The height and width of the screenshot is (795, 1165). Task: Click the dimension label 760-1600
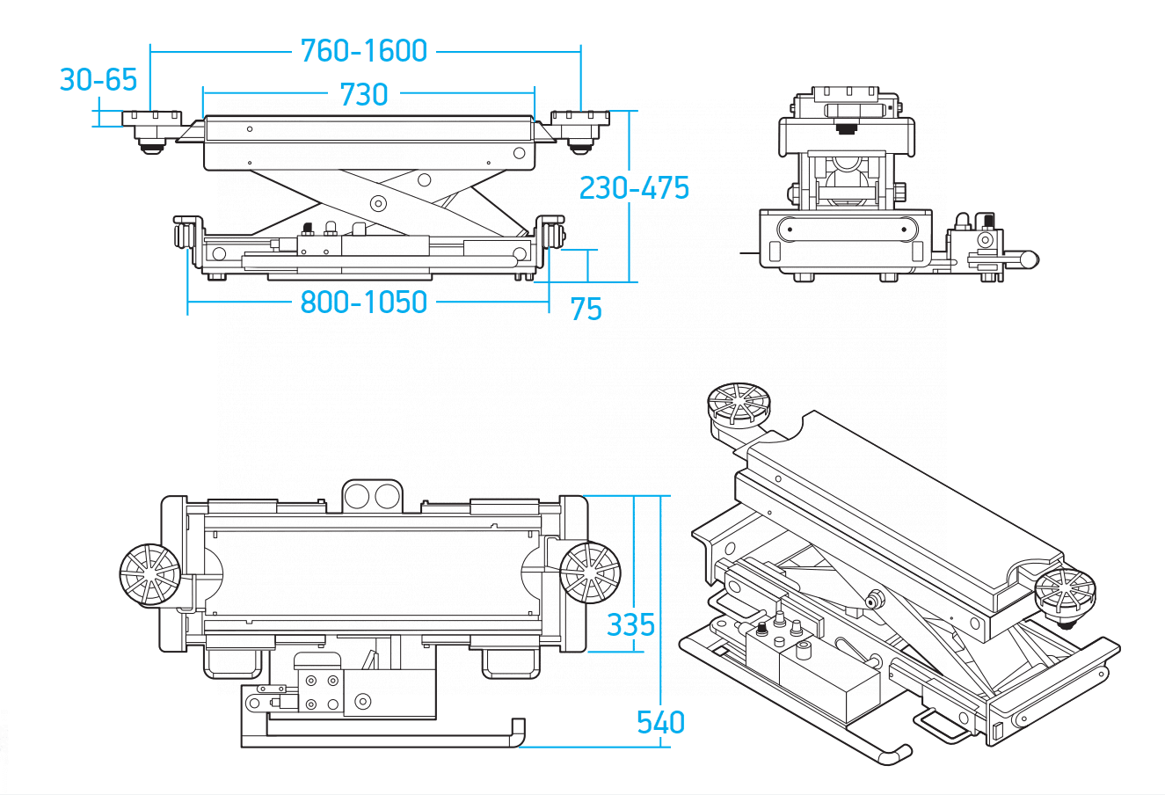364,51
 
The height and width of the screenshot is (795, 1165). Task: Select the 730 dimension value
363,94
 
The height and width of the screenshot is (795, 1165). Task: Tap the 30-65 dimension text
98,80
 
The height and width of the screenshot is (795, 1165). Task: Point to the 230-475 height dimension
634,188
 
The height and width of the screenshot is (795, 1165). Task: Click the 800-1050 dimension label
364,303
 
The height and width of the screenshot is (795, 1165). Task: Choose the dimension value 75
586,310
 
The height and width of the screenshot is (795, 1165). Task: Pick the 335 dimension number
630,625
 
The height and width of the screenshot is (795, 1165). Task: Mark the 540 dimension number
660,723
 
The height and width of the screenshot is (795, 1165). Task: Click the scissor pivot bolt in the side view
379,203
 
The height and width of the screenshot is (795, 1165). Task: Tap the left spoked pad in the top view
149,574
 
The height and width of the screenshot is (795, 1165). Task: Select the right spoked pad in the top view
590,573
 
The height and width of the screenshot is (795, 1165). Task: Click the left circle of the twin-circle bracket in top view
356,497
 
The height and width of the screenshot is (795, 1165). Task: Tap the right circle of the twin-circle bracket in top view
386,497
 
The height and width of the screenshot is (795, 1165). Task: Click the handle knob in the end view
1028,259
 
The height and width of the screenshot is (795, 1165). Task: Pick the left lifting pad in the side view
151,127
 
